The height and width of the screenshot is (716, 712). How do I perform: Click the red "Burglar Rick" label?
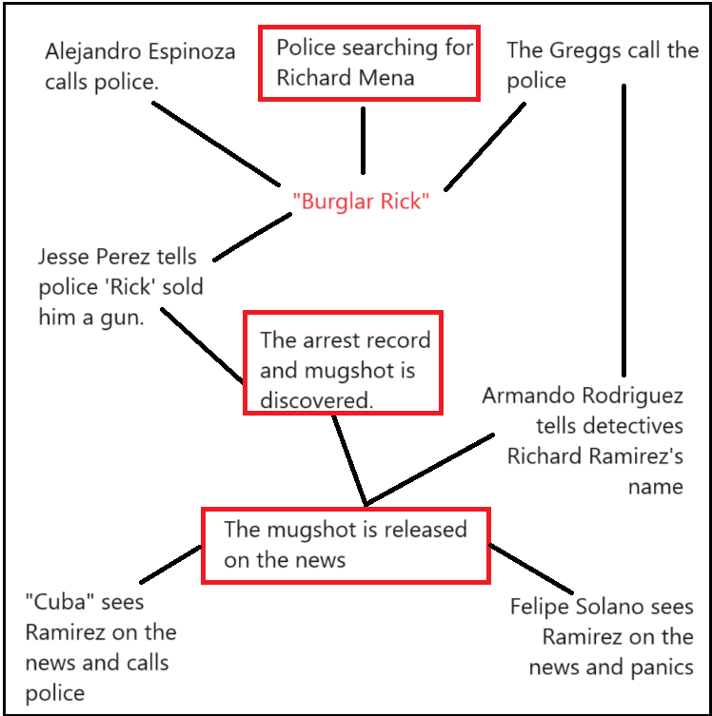361,202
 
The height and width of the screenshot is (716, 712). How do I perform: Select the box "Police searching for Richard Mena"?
369,63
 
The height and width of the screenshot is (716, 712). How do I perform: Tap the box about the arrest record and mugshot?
343,362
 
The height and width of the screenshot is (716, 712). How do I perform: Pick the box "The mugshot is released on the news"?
346,545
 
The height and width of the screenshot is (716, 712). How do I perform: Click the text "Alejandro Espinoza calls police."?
140,67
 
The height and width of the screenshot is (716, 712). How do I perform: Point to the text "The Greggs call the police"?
602,65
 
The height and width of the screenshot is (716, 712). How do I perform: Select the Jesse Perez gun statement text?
121,287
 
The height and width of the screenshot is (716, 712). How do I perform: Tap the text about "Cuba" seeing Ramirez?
101,648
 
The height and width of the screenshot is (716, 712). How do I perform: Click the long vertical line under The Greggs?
624,233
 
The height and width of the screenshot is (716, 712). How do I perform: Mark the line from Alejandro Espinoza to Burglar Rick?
216,144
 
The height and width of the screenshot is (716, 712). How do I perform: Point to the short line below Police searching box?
363,140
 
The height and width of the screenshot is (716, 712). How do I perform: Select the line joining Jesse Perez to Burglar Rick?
252,237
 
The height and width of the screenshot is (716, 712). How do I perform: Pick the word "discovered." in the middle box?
315,400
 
